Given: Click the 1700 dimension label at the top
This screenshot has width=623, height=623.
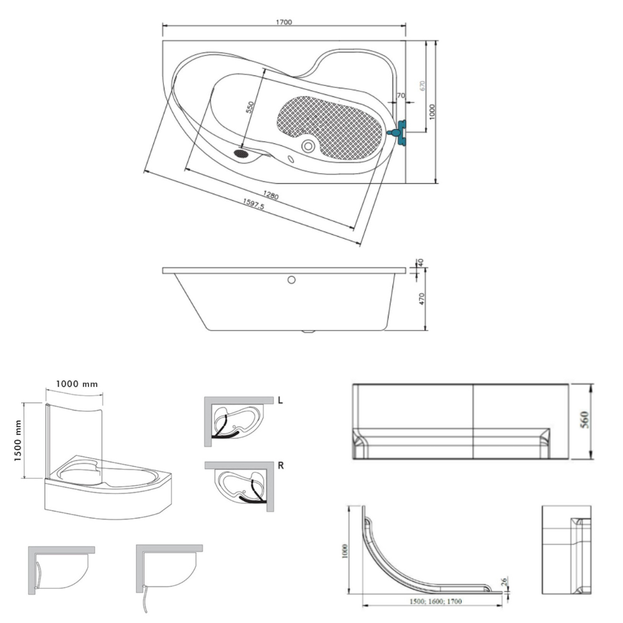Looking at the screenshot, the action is [283, 22].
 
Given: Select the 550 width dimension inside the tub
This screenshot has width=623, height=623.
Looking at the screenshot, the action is [250, 107].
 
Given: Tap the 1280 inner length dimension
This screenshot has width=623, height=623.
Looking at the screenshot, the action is [270, 195].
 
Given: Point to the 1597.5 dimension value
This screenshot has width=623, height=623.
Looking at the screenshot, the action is [253, 204].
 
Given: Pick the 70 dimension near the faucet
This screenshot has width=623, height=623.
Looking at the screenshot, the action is [401, 95].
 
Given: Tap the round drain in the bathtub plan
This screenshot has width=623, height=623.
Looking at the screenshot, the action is [308, 146].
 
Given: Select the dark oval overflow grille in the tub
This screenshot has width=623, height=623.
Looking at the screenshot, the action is [240, 153].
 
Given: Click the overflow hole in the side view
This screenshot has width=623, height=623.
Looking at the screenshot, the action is [291, 280].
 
